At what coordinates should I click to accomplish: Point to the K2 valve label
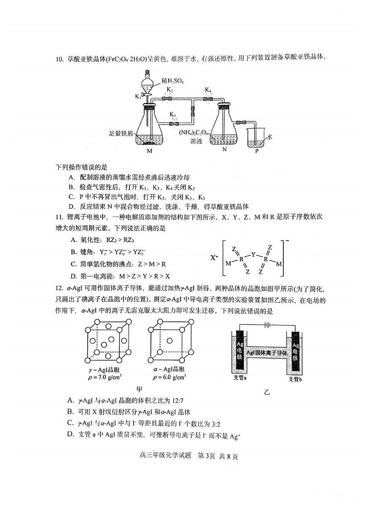pos(170,89)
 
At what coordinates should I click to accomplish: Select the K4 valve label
pos(208,89)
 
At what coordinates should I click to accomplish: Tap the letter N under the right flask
pos(224,150)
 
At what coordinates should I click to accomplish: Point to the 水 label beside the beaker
pos(270,137)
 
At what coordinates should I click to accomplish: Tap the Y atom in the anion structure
pos(253,254)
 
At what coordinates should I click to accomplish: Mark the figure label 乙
pos(267,392)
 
